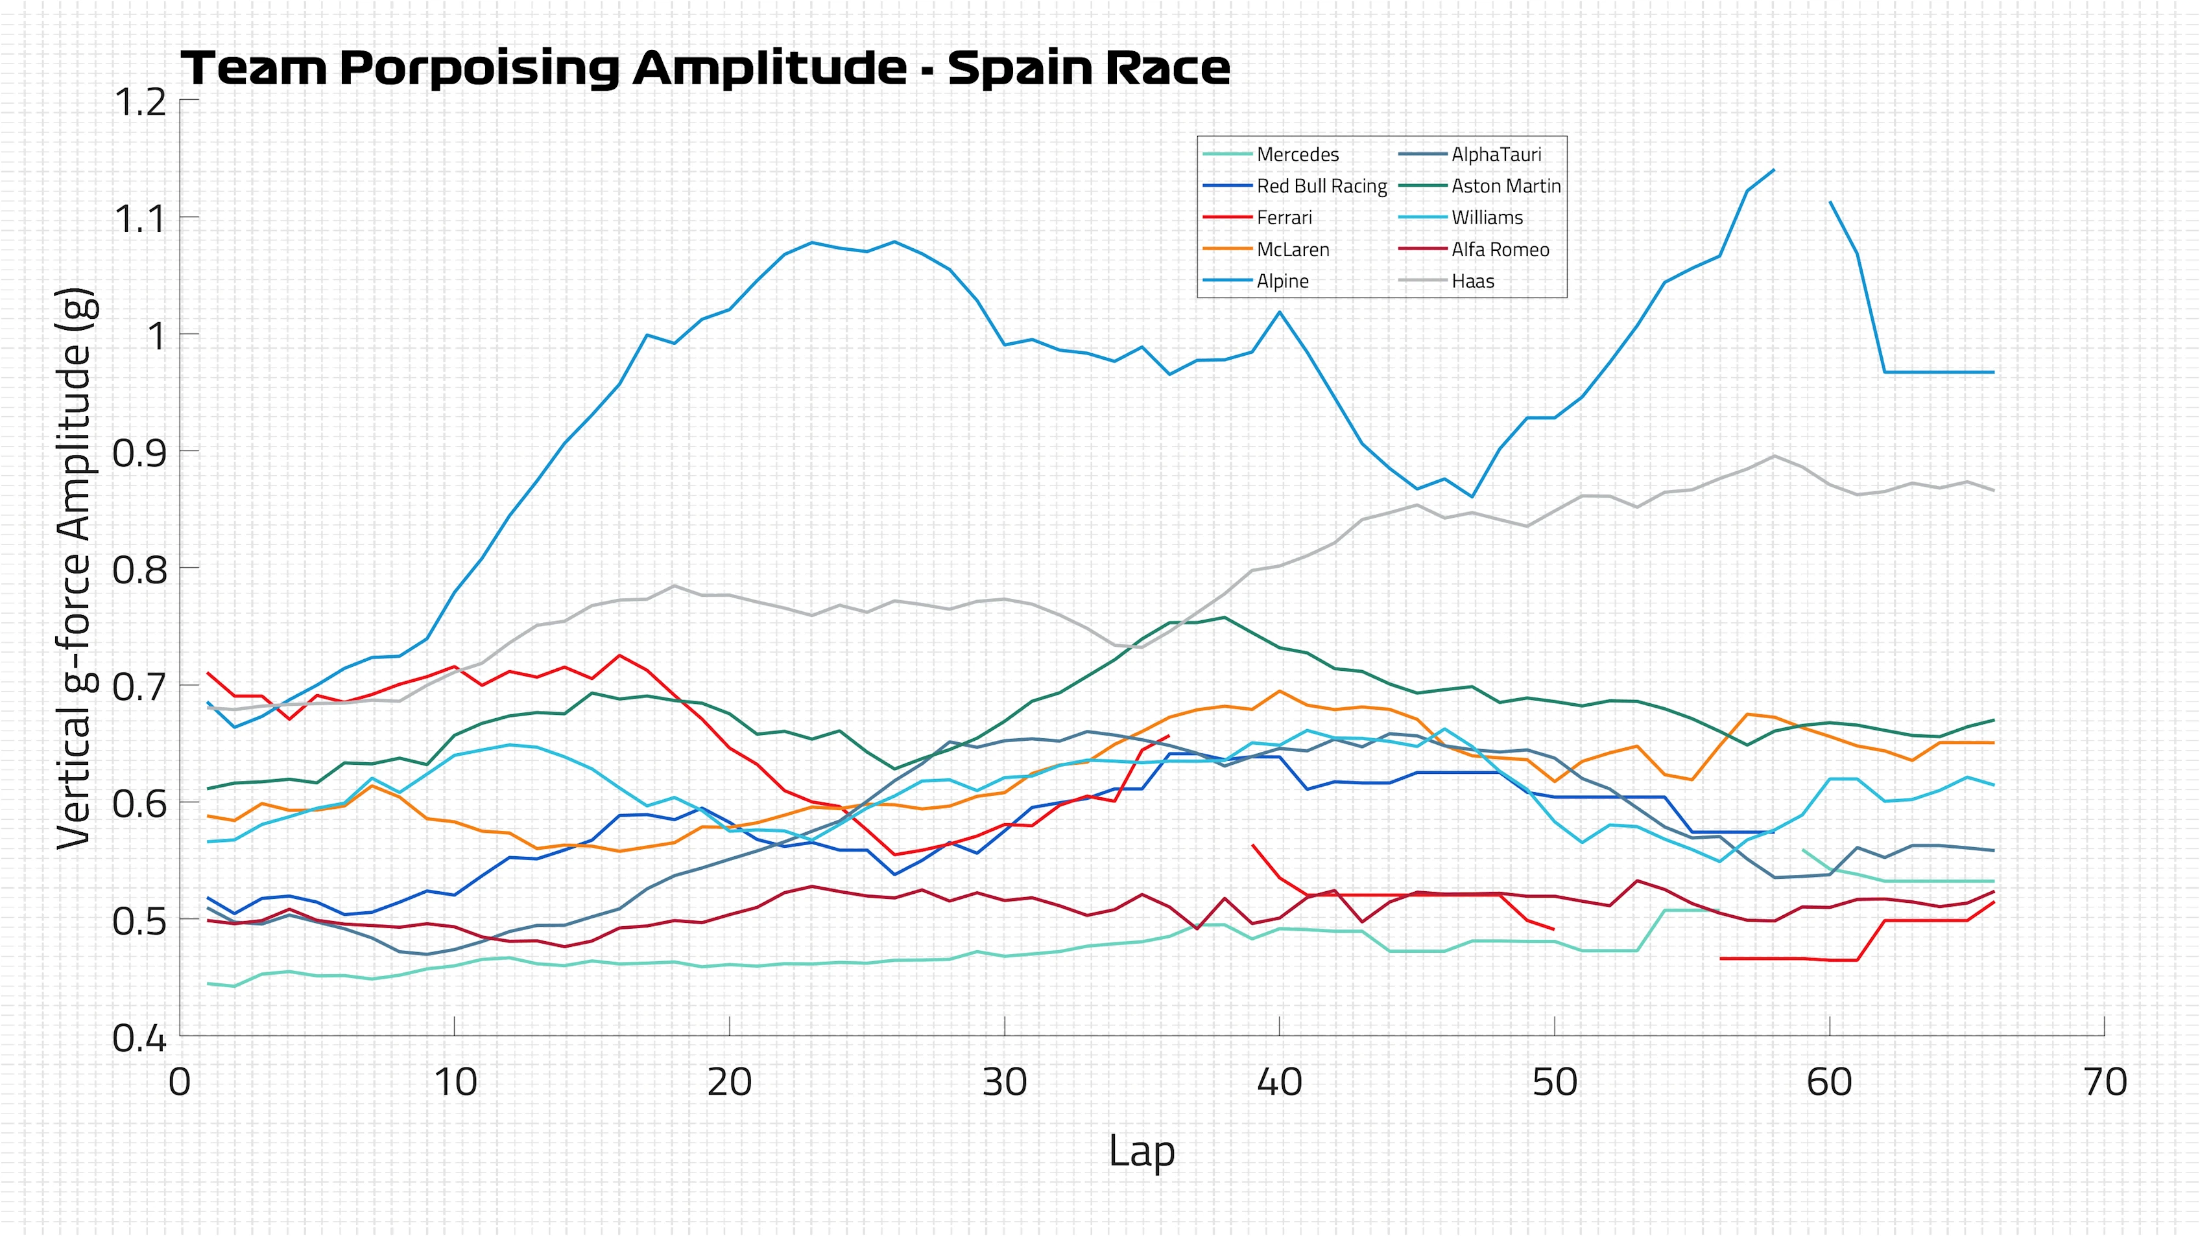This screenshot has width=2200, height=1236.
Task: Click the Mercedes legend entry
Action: (1297, 154)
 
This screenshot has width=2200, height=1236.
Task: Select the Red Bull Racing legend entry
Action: (1321, 186)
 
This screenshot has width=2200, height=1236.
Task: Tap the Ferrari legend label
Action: (1284, 218)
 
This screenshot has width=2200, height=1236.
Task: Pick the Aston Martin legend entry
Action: (1505, 186)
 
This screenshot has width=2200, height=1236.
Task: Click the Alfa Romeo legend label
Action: (1500, 250)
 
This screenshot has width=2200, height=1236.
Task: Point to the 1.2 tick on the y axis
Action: (139, 102)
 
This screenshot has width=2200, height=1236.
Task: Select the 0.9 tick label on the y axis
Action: (139, 453)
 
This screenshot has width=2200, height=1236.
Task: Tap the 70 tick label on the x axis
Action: (2105, 1082)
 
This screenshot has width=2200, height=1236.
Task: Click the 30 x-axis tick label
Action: (1005, 1082)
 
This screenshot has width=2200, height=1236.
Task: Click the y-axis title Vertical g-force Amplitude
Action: (75, 568)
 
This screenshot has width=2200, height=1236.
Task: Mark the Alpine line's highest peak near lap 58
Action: (1774, 170)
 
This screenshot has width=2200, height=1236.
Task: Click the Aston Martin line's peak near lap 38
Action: (1225, 617)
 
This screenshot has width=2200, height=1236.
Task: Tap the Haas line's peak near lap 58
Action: (1774, 456)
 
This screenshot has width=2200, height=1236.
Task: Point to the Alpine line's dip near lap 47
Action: (1472, 496)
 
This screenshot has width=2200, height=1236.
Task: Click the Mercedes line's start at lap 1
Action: (208, 983)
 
